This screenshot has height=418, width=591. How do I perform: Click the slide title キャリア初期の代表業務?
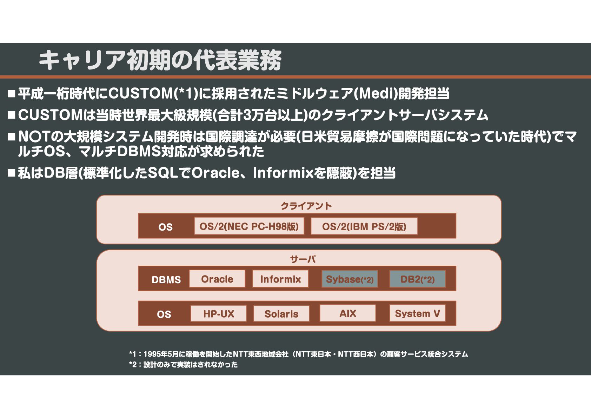(x=160, y=60)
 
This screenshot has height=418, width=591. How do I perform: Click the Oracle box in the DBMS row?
(x=217, y=279)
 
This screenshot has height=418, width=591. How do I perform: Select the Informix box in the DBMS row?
(x=280, y=279)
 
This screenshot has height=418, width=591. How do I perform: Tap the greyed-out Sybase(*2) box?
(x=350, y=279)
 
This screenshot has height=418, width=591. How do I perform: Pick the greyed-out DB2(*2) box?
(x=418, y=279)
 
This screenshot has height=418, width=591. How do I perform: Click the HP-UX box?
(x=218, y=313)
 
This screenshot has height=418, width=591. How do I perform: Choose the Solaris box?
(x=281, y=313)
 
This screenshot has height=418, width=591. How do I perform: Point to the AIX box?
(x=348, y=313)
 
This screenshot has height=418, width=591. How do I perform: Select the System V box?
(x=417, y=313)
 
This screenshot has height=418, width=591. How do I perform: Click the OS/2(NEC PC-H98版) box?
(x=249, y=226)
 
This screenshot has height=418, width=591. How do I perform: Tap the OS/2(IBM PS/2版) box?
(x=364, y=226)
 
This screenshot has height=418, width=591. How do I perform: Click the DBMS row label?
(x=166, y=280)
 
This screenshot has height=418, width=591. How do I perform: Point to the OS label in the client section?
(x=165, y=227)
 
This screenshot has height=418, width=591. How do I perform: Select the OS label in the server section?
(x=164, y=314)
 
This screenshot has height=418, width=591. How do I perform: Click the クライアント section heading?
(x=306, y=206)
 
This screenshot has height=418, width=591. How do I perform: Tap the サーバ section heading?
(x=303, y=259)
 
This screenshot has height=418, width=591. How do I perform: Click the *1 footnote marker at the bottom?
(x=132, y=354)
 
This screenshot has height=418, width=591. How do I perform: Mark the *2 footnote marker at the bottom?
(x=133, y=365)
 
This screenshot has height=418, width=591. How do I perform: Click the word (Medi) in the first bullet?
(x=375, y=93)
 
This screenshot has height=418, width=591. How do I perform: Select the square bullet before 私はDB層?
(x=11, y=173)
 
